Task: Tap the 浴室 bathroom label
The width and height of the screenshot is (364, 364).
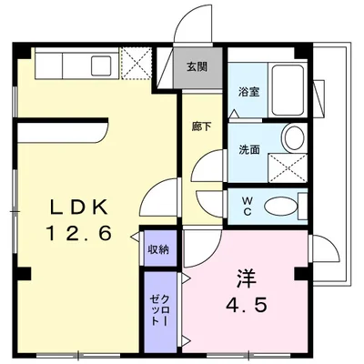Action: (x=248, y=92)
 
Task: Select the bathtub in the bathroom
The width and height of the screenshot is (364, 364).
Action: (x=288, y=90)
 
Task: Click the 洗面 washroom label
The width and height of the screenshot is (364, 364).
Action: (x=248, y=149)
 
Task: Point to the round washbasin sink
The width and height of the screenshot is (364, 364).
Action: (x=295, y=137)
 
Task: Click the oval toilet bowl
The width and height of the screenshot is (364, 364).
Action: (x=281, y=207)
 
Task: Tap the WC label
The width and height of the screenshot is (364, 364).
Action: (x=248, y=206)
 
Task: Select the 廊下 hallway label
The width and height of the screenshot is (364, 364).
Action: (x=201, y=126)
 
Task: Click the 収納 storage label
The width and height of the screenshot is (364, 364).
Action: (x=158, y=250)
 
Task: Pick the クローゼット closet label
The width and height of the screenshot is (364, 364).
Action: (x=158, y=310)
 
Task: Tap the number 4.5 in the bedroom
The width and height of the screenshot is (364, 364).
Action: (x=247, y=304)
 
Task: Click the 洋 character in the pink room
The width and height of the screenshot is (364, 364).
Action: (x=247, y=278)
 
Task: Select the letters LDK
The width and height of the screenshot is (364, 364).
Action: (x=79, y=207)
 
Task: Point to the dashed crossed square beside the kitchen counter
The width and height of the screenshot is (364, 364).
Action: (x=136, y=63)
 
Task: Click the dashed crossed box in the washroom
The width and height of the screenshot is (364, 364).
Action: (x=288, y=168)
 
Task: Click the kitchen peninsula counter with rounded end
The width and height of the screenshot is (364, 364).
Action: (x=63, y=133)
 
